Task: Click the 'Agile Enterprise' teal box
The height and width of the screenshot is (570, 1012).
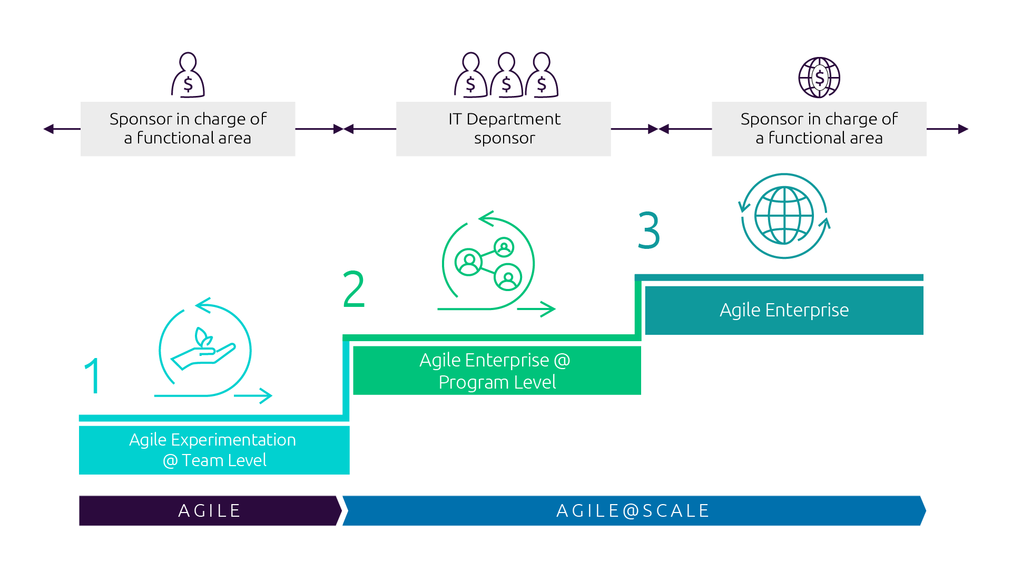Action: (784, 310)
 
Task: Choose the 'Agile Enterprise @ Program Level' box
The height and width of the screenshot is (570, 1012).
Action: (497, 371)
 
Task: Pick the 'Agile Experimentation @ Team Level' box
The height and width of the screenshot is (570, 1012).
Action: (214, 450)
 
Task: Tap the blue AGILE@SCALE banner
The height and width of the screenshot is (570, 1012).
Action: (633, 510)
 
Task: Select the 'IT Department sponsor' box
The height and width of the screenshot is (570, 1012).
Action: (504, 129)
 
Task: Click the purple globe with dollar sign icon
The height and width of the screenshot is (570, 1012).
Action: (819, 78)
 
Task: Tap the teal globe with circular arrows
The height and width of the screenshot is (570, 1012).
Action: (784, 216)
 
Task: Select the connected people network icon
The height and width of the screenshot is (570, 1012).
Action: (488, 263)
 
